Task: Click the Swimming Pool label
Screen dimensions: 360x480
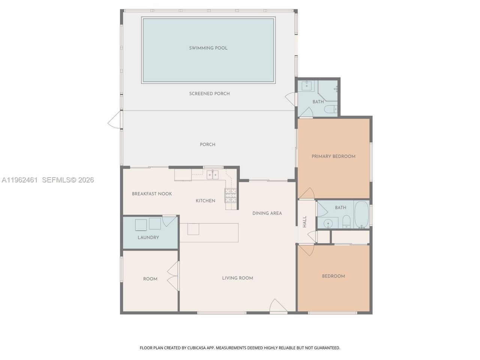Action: coord(208,48)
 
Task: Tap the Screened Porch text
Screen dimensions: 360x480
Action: coord(209,94)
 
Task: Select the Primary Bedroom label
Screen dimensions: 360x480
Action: coord(333,156)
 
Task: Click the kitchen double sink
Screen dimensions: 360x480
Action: coord(213,174)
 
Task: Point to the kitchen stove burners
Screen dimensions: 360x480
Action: coord(231,195)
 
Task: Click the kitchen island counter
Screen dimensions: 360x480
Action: coord(209,232)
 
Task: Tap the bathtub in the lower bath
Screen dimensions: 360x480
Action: coord(361,215)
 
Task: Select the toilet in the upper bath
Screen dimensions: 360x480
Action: coord(329,109)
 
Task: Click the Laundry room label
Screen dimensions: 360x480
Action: coord(148,237)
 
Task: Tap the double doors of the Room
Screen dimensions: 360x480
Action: coord(173,276)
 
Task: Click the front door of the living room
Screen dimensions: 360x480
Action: coord(278,306)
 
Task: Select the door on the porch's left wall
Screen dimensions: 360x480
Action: coord(115,120)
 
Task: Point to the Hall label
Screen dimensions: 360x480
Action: coord(304,222)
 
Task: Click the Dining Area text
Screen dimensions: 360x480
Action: coord(267,213)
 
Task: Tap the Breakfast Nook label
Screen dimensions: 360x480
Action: coord(152,194)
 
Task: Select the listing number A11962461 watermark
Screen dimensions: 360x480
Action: coord(20,180)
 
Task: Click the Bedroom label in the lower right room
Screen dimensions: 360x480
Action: coord(333,276)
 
